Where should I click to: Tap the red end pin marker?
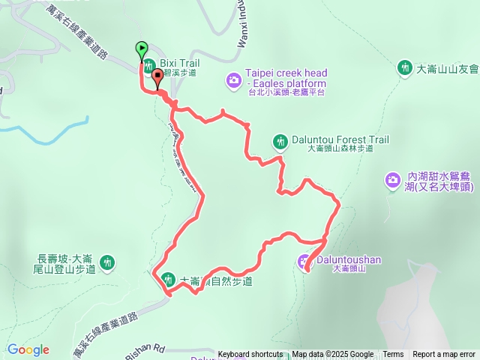[157, 76]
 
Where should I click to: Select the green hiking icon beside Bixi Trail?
[149, 64]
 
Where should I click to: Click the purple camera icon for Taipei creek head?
[234, 79]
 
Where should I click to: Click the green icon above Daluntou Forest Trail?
[280, 140]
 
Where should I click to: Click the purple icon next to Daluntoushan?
[304, 262]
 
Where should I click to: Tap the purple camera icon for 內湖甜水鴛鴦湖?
[393, 180]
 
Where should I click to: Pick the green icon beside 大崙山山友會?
[405, 67]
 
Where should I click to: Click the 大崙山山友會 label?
[447, 68]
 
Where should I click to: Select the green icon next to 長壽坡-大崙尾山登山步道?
[108, 262]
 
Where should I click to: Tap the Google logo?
[28, 349]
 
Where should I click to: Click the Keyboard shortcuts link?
[250, 355]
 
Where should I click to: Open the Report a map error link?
[444, 355]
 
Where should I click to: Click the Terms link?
[393, 355]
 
